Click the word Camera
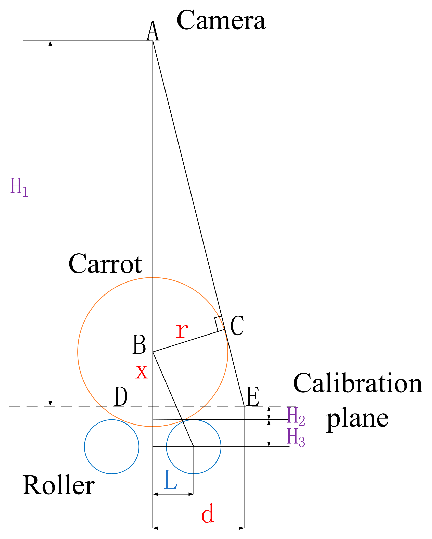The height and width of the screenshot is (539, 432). point(221,20)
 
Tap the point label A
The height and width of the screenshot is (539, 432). point(153,31)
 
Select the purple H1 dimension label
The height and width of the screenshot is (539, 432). point(19,187)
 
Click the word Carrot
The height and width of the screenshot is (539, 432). point(105,264)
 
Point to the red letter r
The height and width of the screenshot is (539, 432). point(182,330)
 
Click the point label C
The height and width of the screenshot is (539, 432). point(237,326)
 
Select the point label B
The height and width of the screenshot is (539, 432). point(139,344)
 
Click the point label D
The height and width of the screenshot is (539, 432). point(121,396)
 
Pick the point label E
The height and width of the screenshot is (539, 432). point(253,396)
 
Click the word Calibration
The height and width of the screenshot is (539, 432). point(358,383)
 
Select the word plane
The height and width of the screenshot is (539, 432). point(357,419)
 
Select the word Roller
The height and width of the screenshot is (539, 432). point(59,485)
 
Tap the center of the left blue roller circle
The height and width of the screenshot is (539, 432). point(112,447)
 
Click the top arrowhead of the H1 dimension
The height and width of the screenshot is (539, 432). point(50,43)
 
